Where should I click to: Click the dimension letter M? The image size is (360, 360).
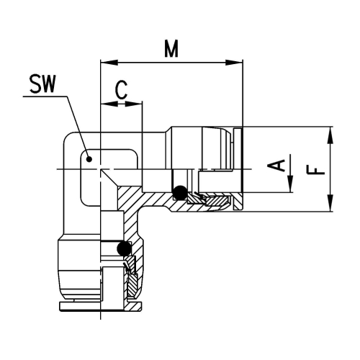coord(171,48)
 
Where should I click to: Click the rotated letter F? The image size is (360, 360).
coord(315,170)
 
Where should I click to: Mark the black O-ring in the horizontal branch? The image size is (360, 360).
coord(179,192)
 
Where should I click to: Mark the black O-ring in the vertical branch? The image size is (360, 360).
coord(125,249)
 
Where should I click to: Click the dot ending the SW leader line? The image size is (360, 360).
coord(88,158)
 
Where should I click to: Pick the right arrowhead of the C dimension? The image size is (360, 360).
coord(138,104)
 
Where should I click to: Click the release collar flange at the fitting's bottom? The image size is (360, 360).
coord(97,310)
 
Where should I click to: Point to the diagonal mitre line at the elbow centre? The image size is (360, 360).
coord(110,177)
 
